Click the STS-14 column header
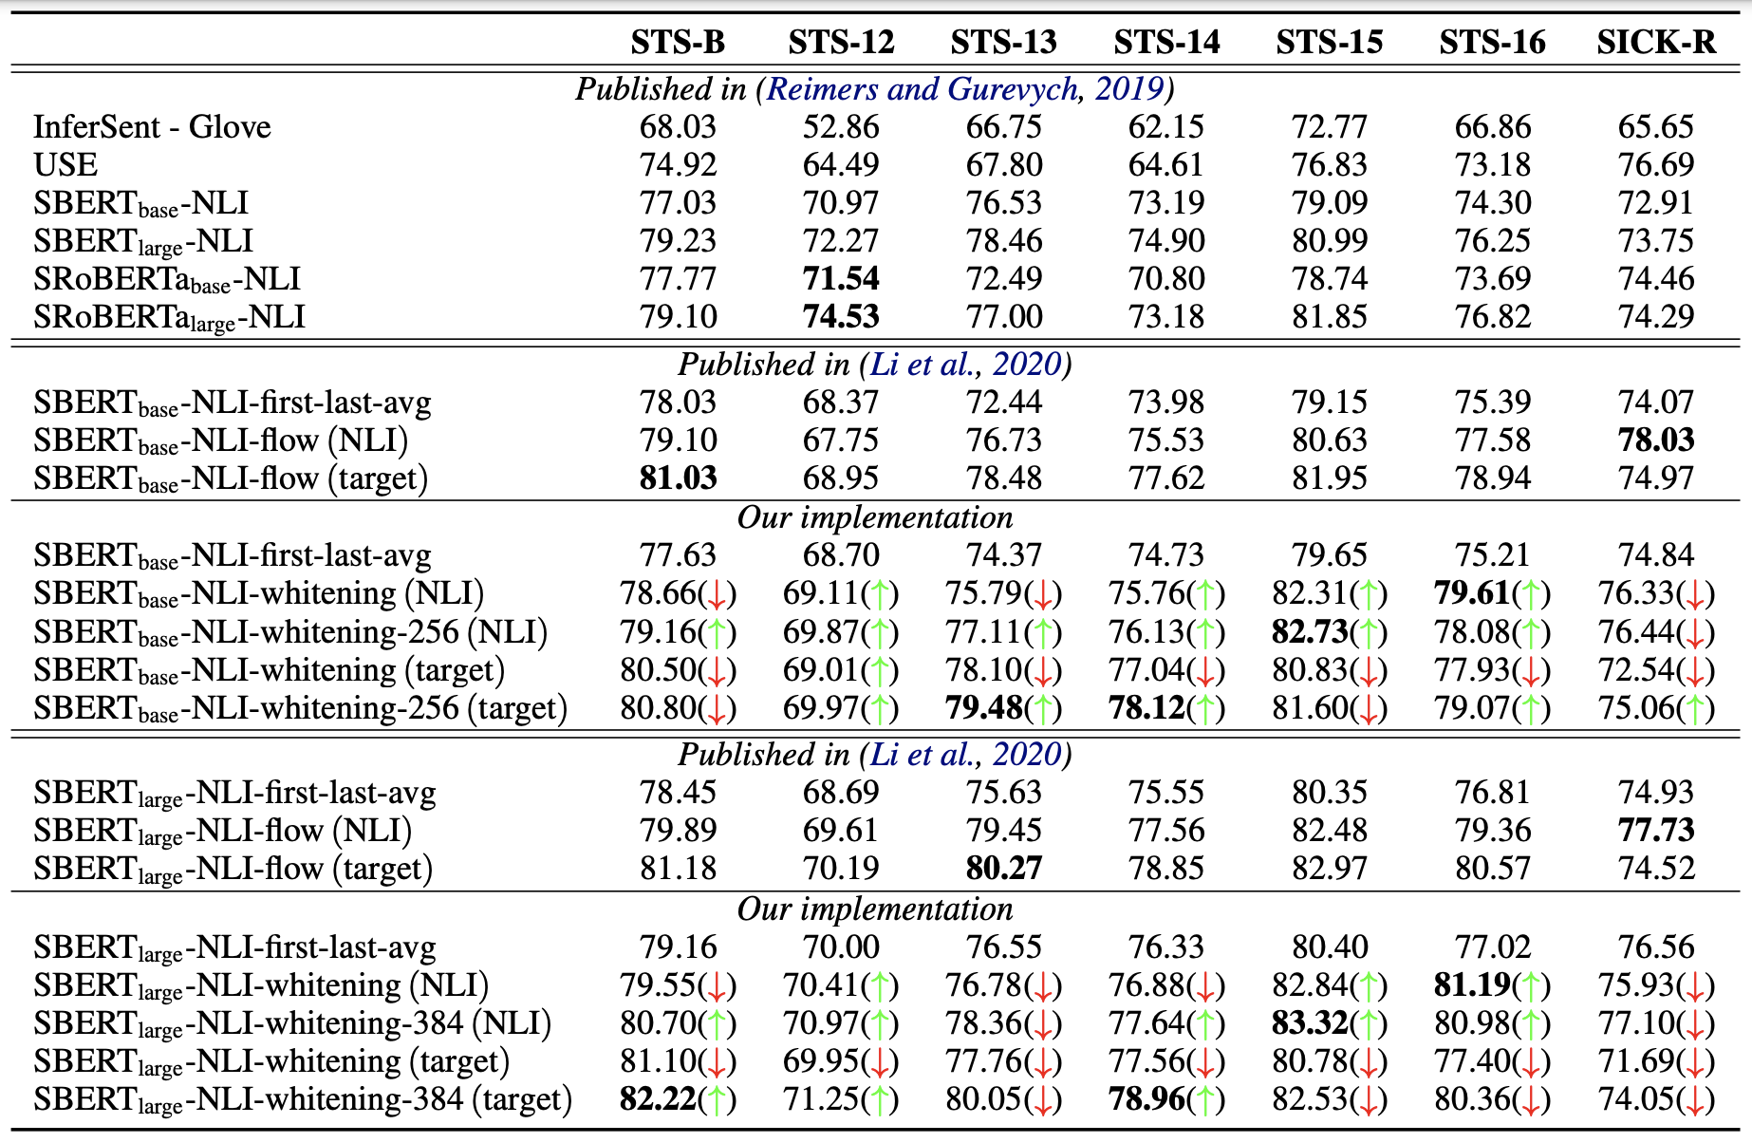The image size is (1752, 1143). tap(1166, 43)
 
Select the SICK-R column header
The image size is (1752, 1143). tap(1655, 43)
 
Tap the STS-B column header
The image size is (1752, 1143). tap(678, 43)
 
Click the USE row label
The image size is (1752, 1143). tap(65, 165)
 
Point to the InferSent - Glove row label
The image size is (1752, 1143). tap(152, 127)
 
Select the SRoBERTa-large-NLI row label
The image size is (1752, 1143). tap(169, 317)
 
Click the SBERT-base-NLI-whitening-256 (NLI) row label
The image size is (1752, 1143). tap(290, 632)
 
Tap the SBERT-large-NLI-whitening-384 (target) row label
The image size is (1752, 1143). tap(303, 1099)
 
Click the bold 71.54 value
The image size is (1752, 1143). tap(841, 279)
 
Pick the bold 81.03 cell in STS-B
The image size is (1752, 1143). tap(678, 478)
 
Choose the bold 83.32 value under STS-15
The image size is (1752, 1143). tap(1310, 1023)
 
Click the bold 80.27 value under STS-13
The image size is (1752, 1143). tap(1003, 869)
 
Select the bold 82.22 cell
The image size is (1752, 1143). tap(658, 1099)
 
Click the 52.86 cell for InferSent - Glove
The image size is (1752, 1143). tap(841, 127)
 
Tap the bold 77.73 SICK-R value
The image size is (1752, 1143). tap(1655, 831)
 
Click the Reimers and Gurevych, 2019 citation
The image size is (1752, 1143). tap(965, 89)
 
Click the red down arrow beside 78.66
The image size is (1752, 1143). tap(717, 595)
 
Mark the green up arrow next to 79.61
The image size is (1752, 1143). tap(1531, 595)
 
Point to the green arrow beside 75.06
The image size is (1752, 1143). tap(1695, 709)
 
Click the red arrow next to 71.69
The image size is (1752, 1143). tap(1695, 1062)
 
